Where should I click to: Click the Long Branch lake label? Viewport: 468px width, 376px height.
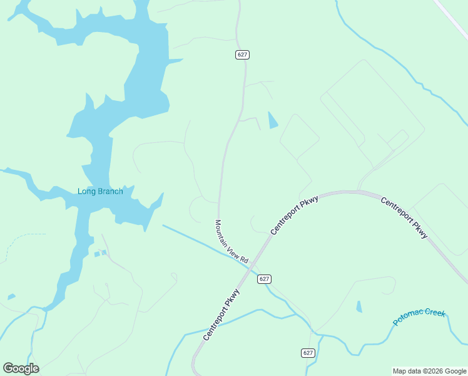point(100,191)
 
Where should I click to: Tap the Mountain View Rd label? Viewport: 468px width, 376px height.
point(231,241)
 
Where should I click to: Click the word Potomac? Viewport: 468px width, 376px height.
point(409,318)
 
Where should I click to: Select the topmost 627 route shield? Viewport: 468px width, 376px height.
point(243,55)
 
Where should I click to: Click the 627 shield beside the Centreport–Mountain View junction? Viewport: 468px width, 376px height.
point(264,279)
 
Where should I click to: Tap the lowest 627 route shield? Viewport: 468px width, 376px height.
point(307,353)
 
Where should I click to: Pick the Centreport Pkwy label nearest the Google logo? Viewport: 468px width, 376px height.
point(221,315)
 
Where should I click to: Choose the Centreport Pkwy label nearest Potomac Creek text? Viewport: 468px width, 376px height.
point(404,217)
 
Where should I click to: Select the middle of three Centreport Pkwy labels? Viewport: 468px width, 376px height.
point(295,215)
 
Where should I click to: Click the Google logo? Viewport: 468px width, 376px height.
point(21,368)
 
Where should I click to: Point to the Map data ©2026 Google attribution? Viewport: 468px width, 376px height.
point(429,371)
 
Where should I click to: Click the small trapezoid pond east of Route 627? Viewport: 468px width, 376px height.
point(272,120)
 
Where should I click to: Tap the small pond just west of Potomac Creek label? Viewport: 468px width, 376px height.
point(359,307)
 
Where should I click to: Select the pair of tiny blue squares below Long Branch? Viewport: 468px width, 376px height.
point(100,253)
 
